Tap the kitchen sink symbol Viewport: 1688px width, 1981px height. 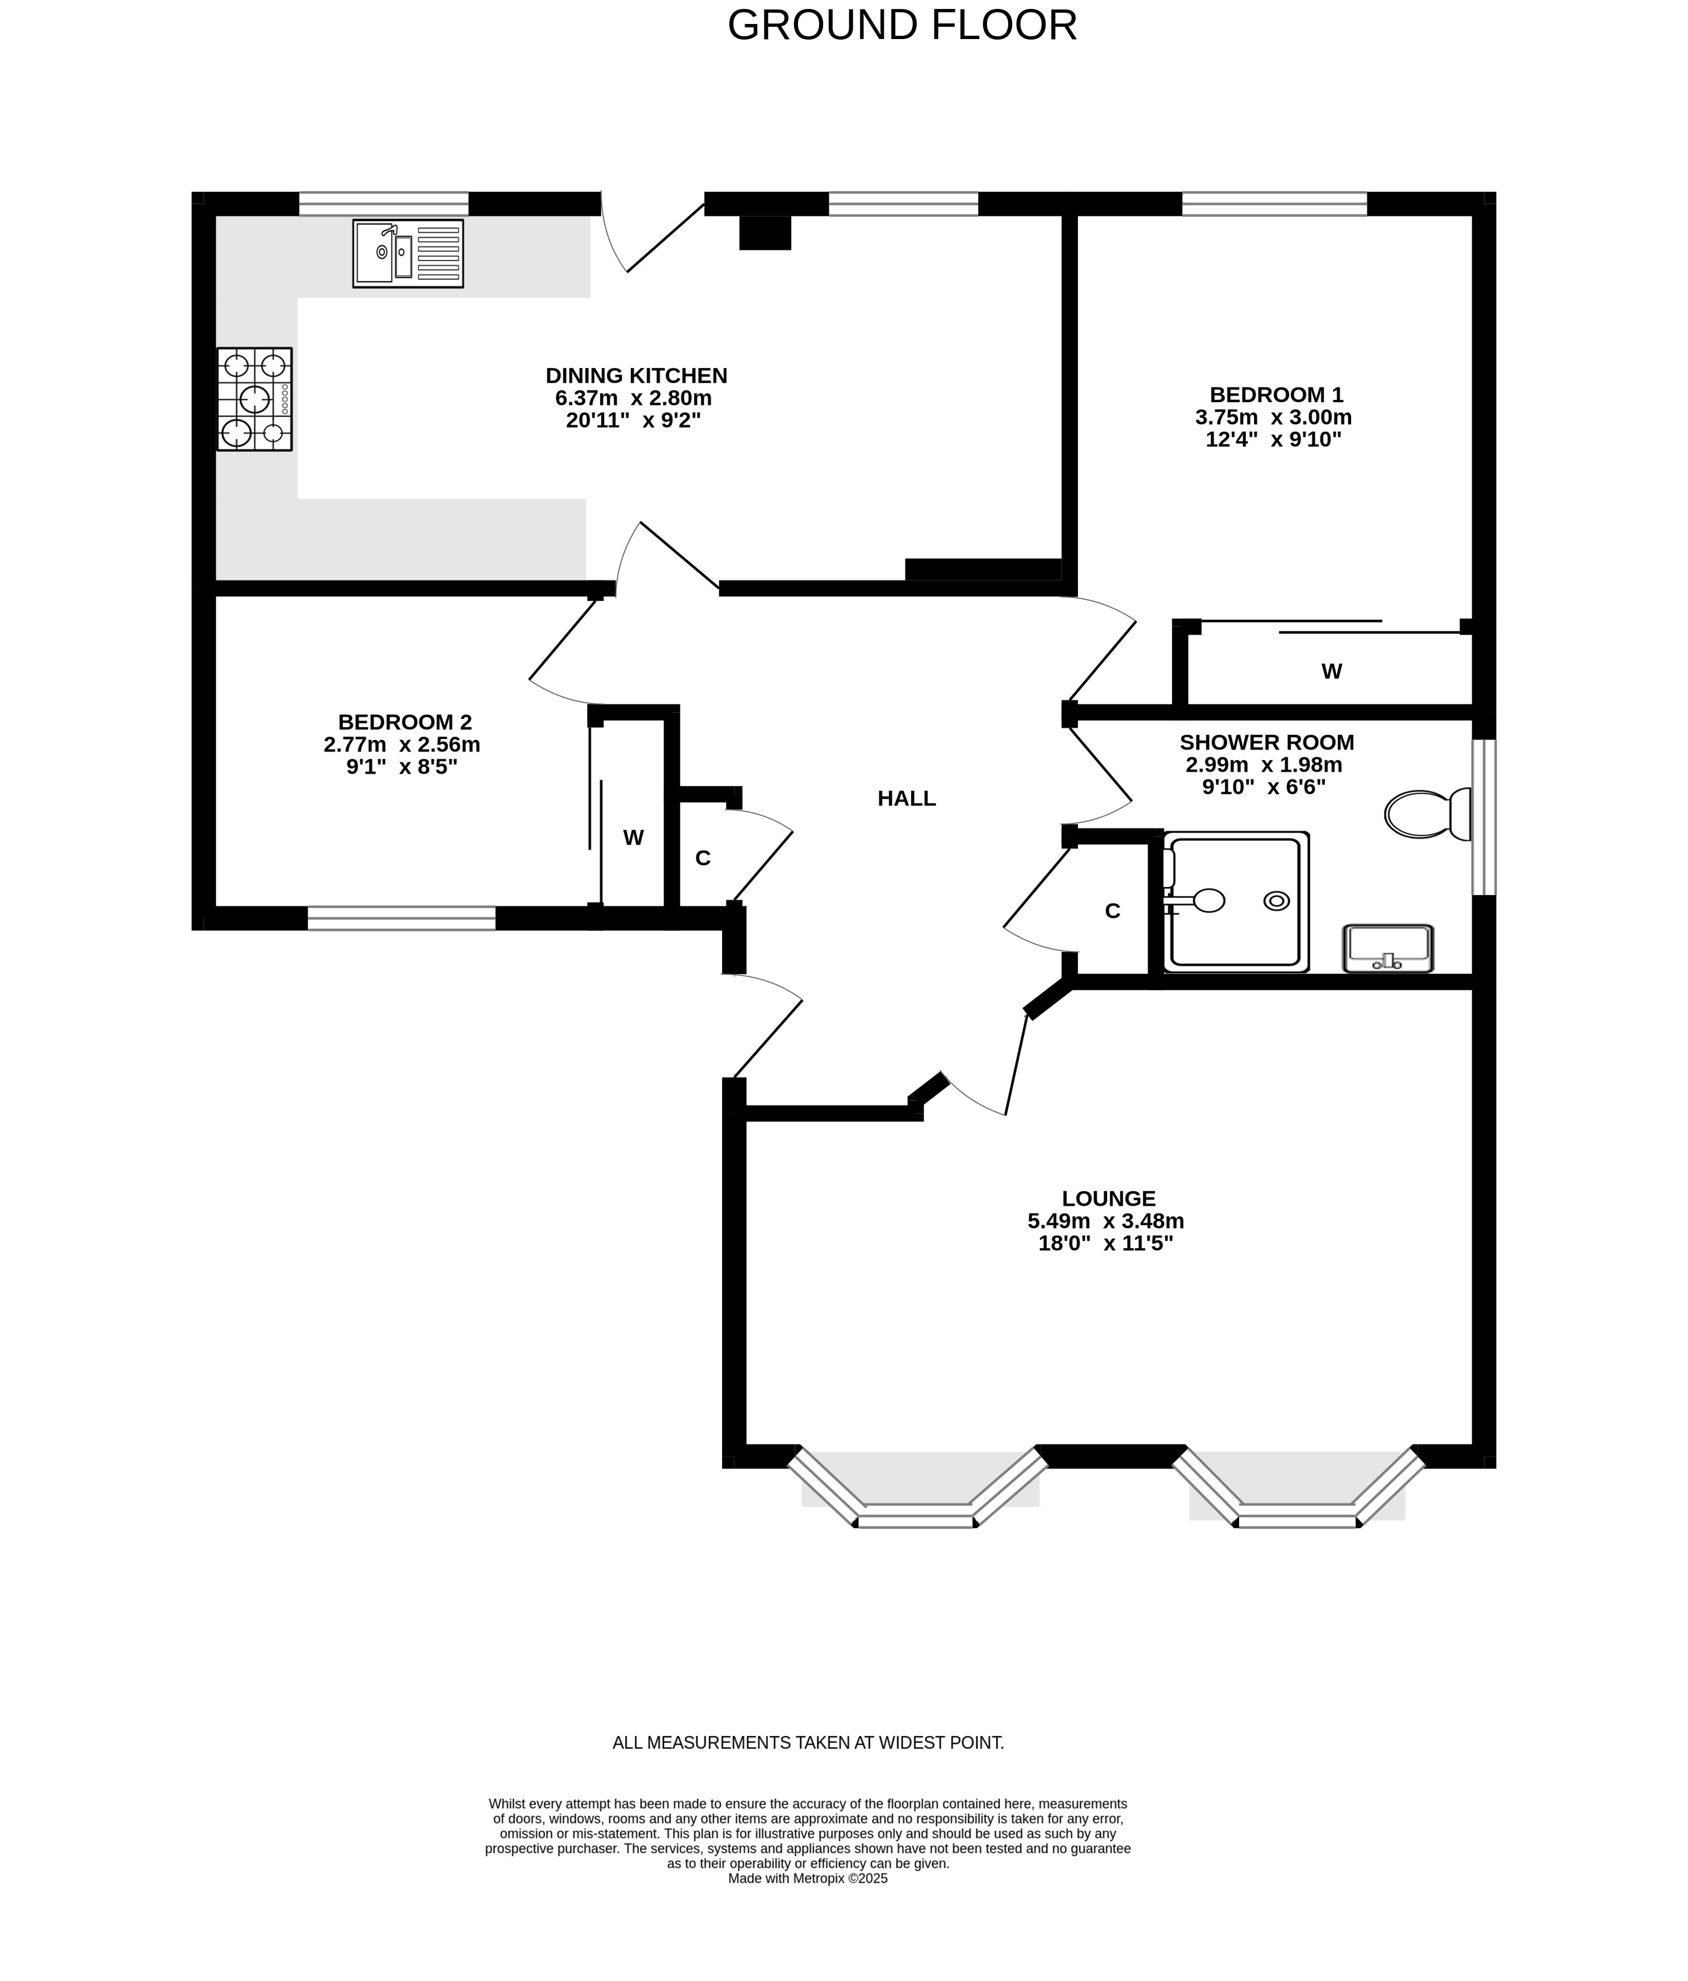pos(408,253)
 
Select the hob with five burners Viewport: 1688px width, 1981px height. pos(254,399)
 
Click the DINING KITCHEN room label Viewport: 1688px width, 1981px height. pos(636,376)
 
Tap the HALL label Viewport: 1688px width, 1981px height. pos(906,798)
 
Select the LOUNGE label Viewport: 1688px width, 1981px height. pos(1108,1198)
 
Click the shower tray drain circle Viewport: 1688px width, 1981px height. pos(1275,900)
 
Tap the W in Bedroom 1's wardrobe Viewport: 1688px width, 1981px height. pos(1332,671)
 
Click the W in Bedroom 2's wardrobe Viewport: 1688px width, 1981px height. pos(633,838)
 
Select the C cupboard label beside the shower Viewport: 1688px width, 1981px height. pos(1113,911)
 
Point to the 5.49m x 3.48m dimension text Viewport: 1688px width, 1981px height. pos(1106,1221)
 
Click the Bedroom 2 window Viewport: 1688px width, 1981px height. pos(402,918)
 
